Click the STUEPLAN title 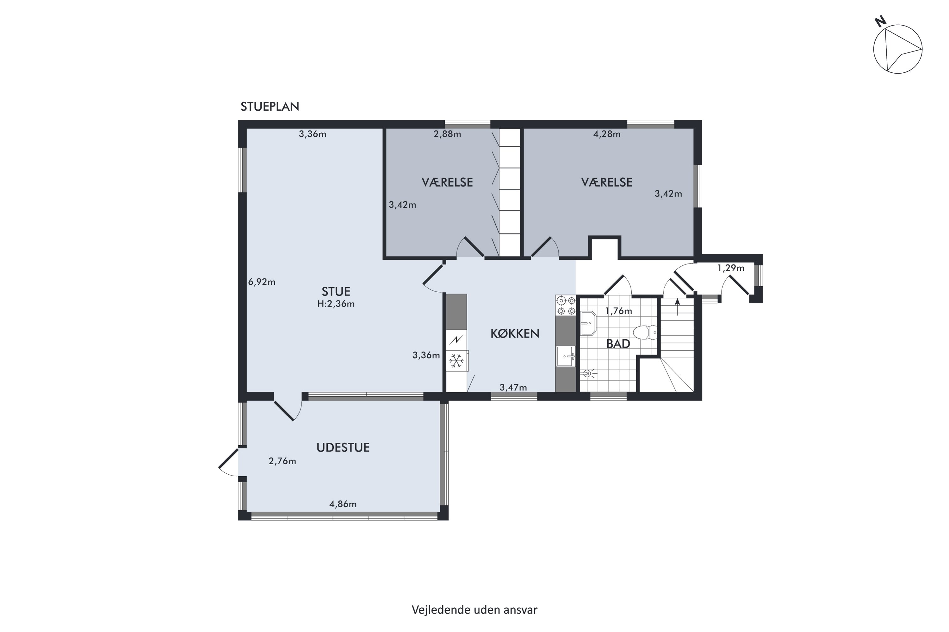[270, 106]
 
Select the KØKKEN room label [515, 333]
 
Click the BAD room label [618, 344]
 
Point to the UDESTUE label [343, 447]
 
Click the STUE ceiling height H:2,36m [336, 304]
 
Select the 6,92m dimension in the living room [262, 282]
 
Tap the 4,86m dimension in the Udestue [343, 504]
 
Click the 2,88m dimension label [447, 134]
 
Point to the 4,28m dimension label [607, 134]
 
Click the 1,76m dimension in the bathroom [618, 311]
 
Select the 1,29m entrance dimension [731, 268]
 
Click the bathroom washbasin [588, 323]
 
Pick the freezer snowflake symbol [456, 361]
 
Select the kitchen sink [566, 356]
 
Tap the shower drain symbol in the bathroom [587, 374]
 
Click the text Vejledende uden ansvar [475, 610]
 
